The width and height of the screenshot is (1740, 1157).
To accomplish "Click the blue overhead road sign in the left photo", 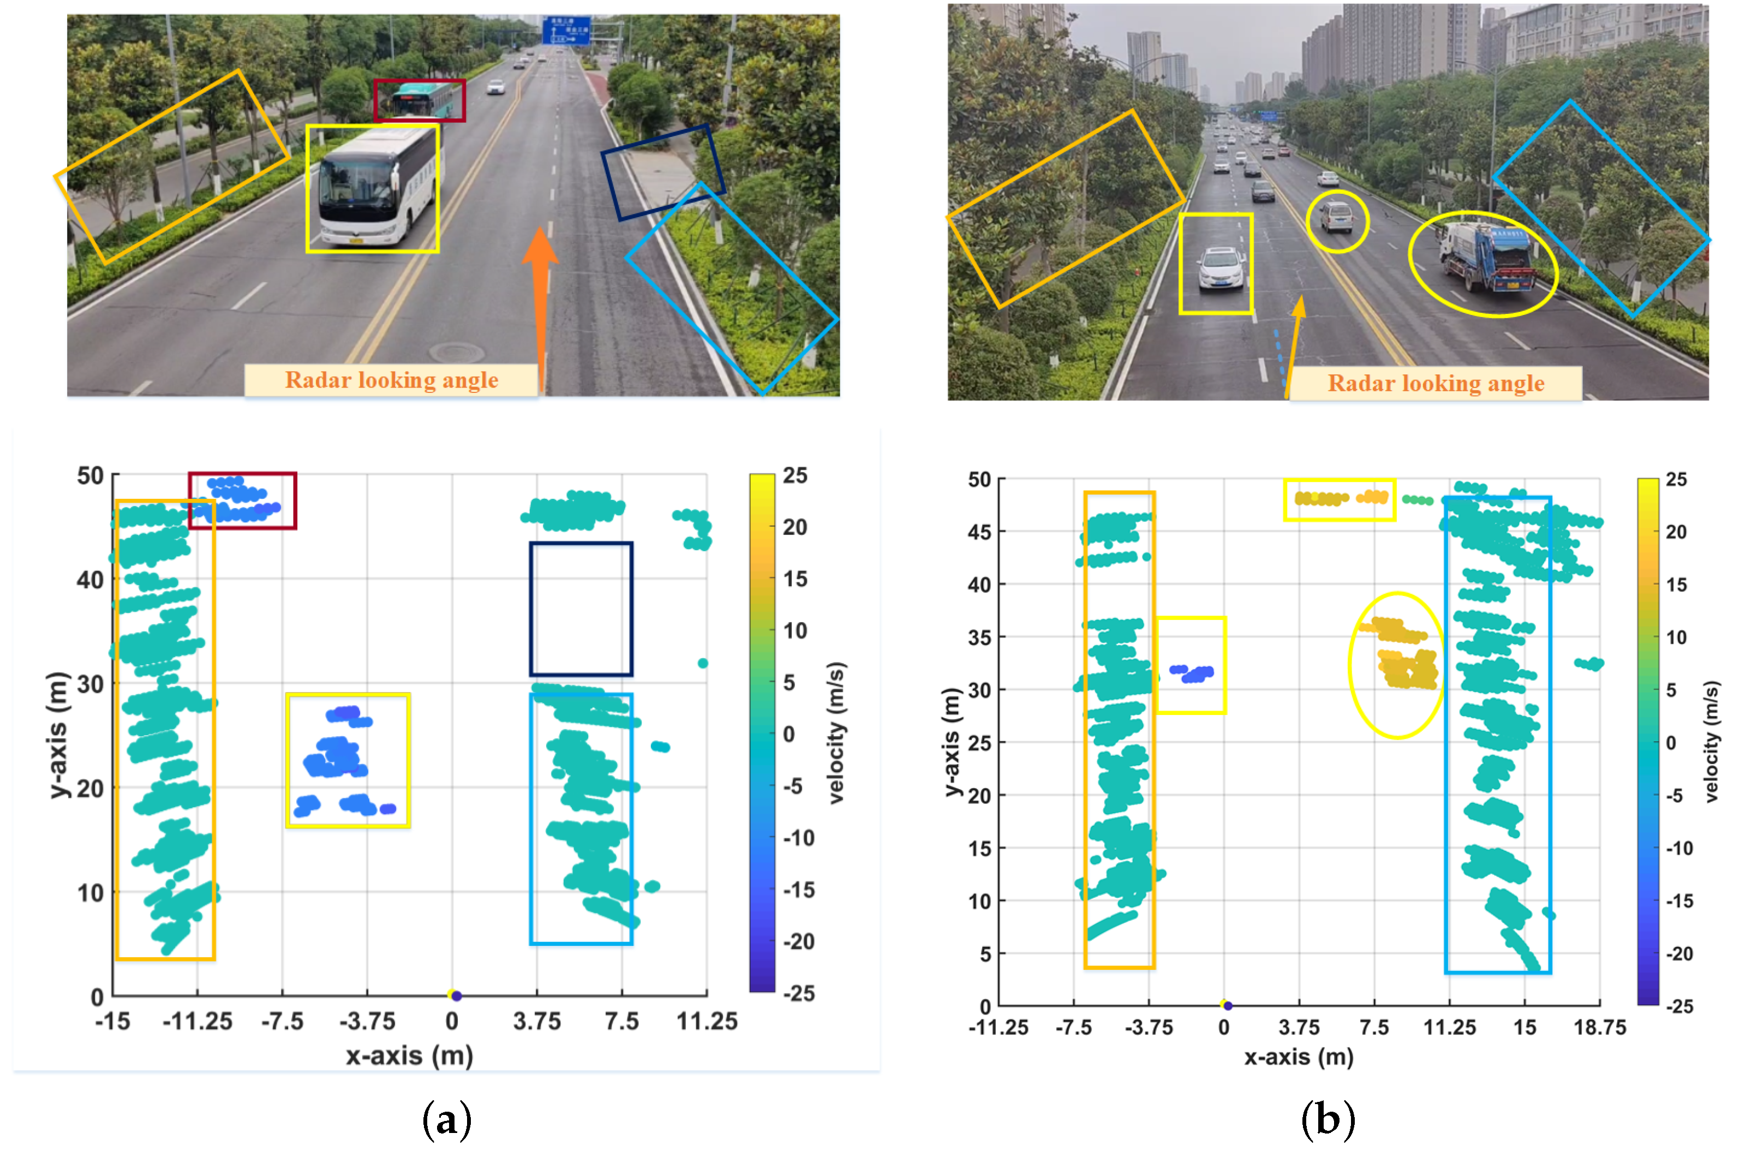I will [x=566, y=30].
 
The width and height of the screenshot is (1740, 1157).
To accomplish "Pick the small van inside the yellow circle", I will [x=1336, y=218].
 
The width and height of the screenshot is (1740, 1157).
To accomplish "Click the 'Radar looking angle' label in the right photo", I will [x=1436, y=384].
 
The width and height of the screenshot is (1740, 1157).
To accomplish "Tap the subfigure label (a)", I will [x=446, y=1120].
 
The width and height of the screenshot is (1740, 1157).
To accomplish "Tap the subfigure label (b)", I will [x=1328, y=1120].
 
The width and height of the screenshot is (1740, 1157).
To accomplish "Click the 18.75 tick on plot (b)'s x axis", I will [x=1599, y=1028].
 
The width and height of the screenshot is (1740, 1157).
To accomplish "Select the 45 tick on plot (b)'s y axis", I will [x=979, y=532].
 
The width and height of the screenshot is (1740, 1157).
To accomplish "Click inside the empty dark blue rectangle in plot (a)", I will [x=581, y=609].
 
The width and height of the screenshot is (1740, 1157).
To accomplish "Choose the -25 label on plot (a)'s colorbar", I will [x=799, y=994].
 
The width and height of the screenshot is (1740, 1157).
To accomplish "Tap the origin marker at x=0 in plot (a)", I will [x=455, y=995].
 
